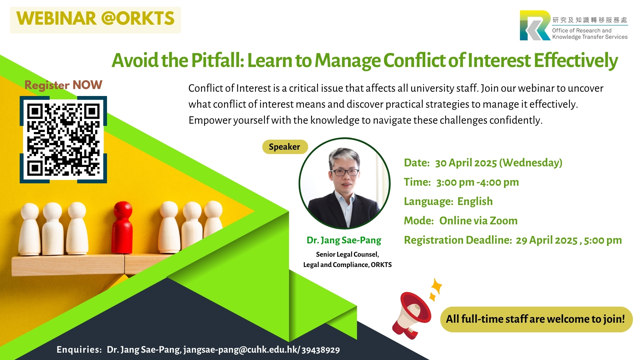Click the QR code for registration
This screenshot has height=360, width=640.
[x=63, y=140]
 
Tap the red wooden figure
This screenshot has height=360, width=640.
[x=123, y=228]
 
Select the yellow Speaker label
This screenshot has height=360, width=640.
[x=285, y=147]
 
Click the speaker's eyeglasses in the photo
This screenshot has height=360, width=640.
[x=345, y=172]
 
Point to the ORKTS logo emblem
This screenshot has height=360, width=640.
[x=535, y=25]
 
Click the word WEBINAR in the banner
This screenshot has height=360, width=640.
[x=56, y=19]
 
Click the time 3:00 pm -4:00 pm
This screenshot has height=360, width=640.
[x=477, y=182]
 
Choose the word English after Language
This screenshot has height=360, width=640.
[x=475, y=201]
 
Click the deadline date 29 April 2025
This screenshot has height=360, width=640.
[x=547, y=240]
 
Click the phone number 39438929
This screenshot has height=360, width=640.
[x=321, y=350]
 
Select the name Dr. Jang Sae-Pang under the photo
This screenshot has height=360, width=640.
[x=344, y=240]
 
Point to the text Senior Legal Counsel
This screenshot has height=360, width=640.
[x=347, y=254]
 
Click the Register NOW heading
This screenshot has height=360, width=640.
[x=63, y=85]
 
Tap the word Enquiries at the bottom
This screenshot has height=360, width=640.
[x=79, y=349]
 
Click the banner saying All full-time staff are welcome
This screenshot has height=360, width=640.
[x=536, y=319]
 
